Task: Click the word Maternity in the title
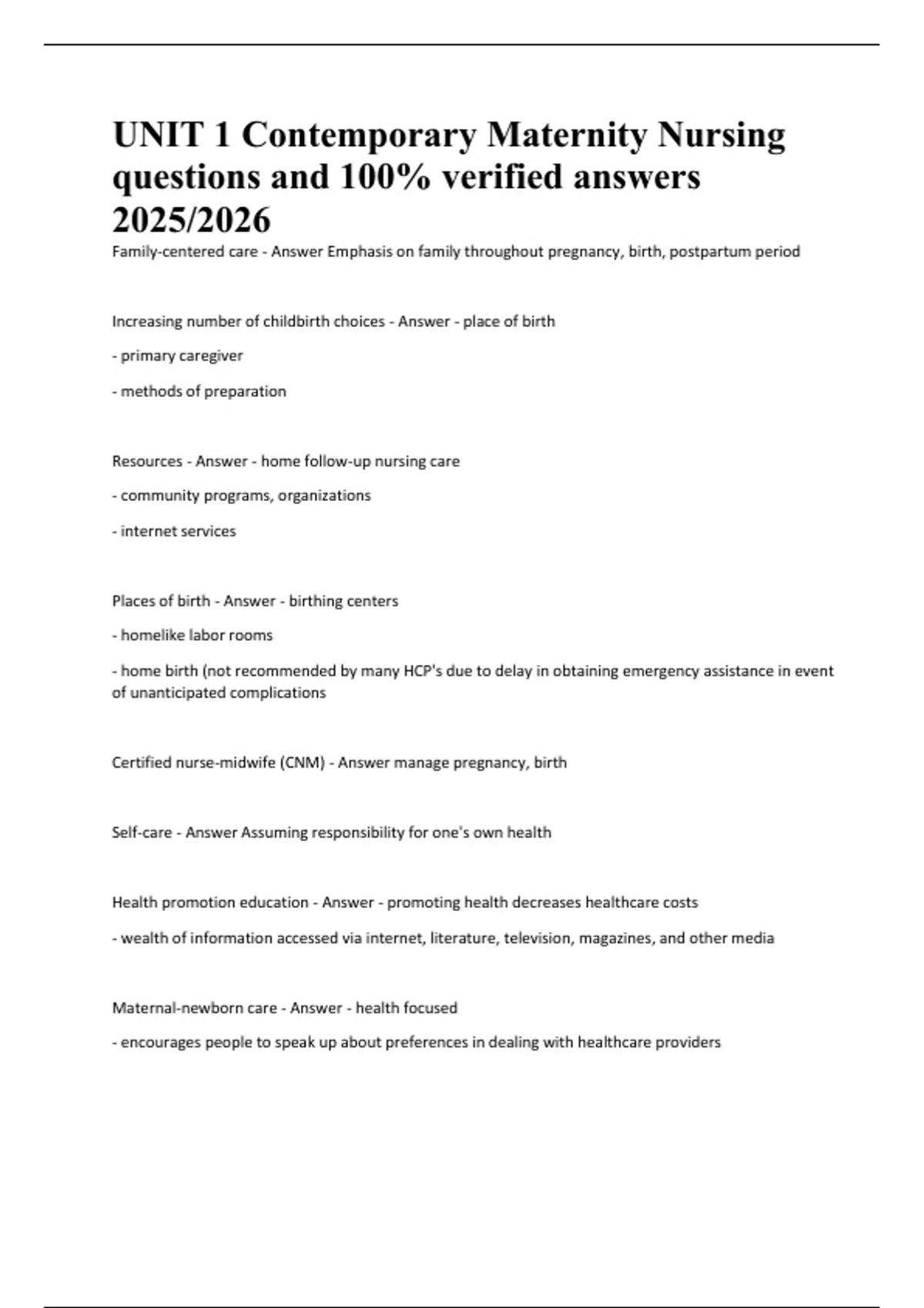coord(567,135)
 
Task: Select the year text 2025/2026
coord(192,220)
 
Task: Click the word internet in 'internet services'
coord(146,531)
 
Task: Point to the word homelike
coord(152,636)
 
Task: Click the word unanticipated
coord(178,692)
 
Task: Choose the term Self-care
coord(142,833)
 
